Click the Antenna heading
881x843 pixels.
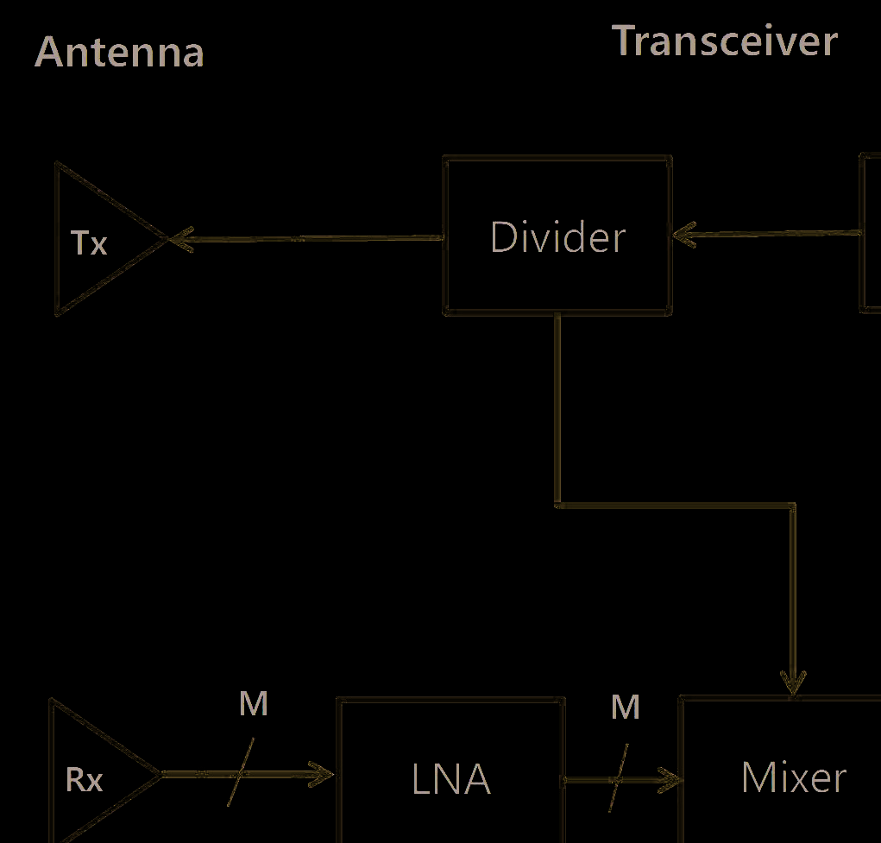click(x=119, y=52)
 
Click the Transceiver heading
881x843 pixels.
click(x=724, y=41)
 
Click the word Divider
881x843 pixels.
click(x=557, y=237)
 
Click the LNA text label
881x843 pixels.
click(x=450, y=780)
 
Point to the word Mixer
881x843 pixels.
click(x=793, y=777)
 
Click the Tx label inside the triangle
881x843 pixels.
click(x=89, y=243)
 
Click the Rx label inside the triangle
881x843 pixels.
click(x=85, y=780)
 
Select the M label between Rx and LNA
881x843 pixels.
click(x=254, y=704)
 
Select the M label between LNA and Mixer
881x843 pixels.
click(x=626, y=708)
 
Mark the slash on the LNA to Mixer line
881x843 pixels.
click(x=619, y=778)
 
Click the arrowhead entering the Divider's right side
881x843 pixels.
click(x=683, y=234)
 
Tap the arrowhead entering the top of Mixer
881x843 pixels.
click(x=793, y=683)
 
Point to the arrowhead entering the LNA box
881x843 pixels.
click(x=323, y=774)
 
